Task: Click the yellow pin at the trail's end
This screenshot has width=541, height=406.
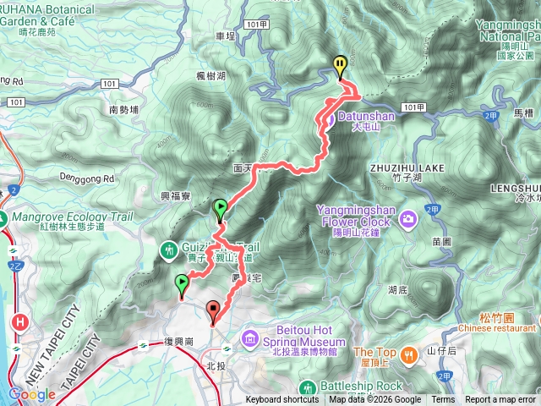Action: pyautogui.click(x=340, y=65)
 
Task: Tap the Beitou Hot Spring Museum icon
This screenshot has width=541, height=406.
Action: pyautogui.click(x=250, y=339)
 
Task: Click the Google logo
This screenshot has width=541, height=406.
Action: pyautogui.click(x=32, y=394)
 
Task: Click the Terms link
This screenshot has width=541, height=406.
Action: pyautogui.click(x=443, y=400)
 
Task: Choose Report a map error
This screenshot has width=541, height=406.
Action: pyautogui.click(x=500, y=400)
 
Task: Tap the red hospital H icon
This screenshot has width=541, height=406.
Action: pyautogui.click(x=19, y=322)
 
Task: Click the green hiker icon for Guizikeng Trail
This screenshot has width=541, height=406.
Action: pyautogui.click(x=169, y=250)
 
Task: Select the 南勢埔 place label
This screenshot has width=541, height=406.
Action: pyautogui.click(x=124, y=109)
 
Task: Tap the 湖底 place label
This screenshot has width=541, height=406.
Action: pyautogui.click(x=398, y=289)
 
